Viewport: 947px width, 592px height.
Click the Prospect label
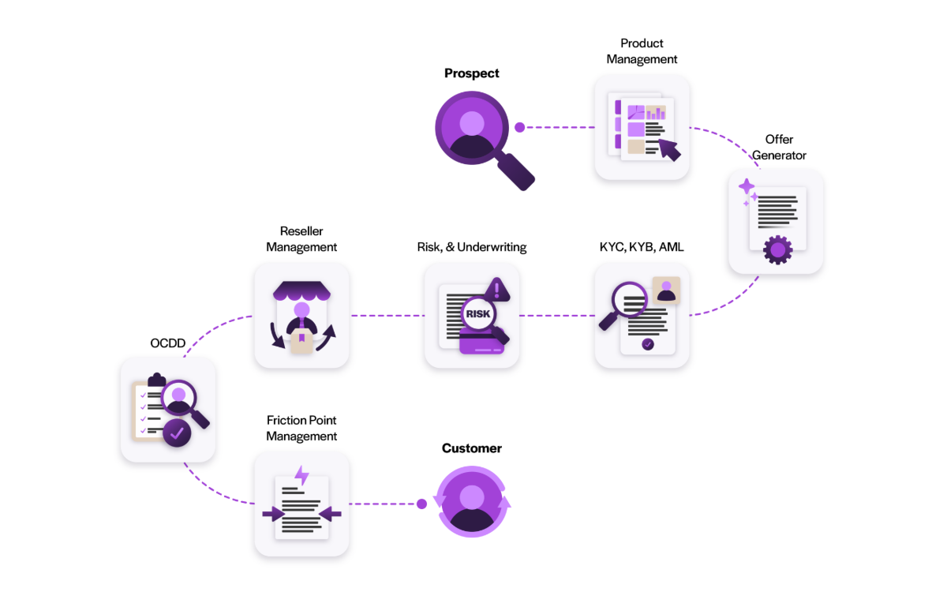(472, 73)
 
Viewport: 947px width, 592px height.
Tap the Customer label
(472, 448)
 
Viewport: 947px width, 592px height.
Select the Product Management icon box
(642, 127)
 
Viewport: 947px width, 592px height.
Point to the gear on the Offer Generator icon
(777, 250)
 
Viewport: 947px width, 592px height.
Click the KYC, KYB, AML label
(642, 247)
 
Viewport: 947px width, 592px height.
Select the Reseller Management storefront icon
(301, 316)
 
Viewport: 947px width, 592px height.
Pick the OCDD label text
(167, 343)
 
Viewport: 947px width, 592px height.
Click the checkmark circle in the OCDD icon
(177, 433)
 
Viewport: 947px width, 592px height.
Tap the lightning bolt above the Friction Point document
(301, 475)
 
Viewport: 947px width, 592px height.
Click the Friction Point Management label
(301, 429)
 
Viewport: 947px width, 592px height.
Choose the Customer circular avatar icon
(472, 503)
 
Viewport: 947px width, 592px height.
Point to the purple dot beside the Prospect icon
(519, 127)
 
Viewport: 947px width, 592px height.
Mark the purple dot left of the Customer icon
(421, 504)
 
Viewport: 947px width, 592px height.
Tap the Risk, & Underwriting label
(472, 247)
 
